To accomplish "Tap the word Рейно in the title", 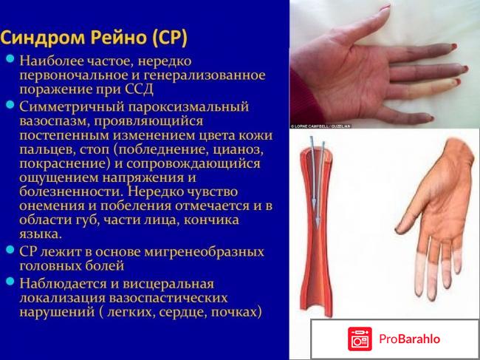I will pos(115,36).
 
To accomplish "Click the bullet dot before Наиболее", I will pos(11,58).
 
